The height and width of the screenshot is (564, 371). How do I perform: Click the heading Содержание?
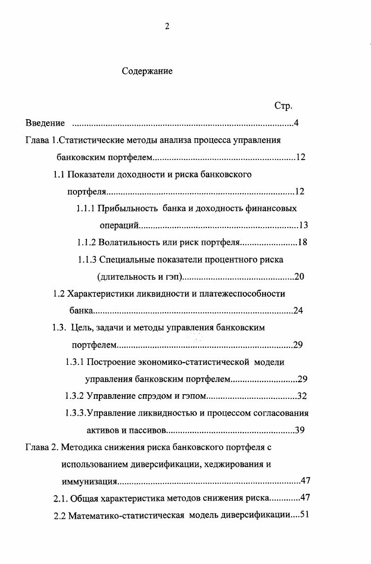(x=147, y=71)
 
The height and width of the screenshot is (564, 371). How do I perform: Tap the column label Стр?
(x=283, y=106)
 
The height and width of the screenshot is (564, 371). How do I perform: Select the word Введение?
(x=45, y=123)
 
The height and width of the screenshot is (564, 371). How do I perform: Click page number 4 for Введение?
(x=296, y=123)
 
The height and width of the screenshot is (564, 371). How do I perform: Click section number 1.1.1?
(x=86, y=208)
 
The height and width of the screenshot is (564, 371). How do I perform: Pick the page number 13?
(x=303, y=226)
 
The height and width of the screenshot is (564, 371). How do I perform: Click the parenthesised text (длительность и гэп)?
(x=139, y=277)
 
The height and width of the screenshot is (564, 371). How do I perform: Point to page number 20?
(x=299, y=277)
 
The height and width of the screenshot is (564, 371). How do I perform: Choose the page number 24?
(x=298, y=311)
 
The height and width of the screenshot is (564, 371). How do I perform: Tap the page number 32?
(x=302, y=396)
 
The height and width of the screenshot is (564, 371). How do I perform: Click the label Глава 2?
(x=40, y=447)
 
